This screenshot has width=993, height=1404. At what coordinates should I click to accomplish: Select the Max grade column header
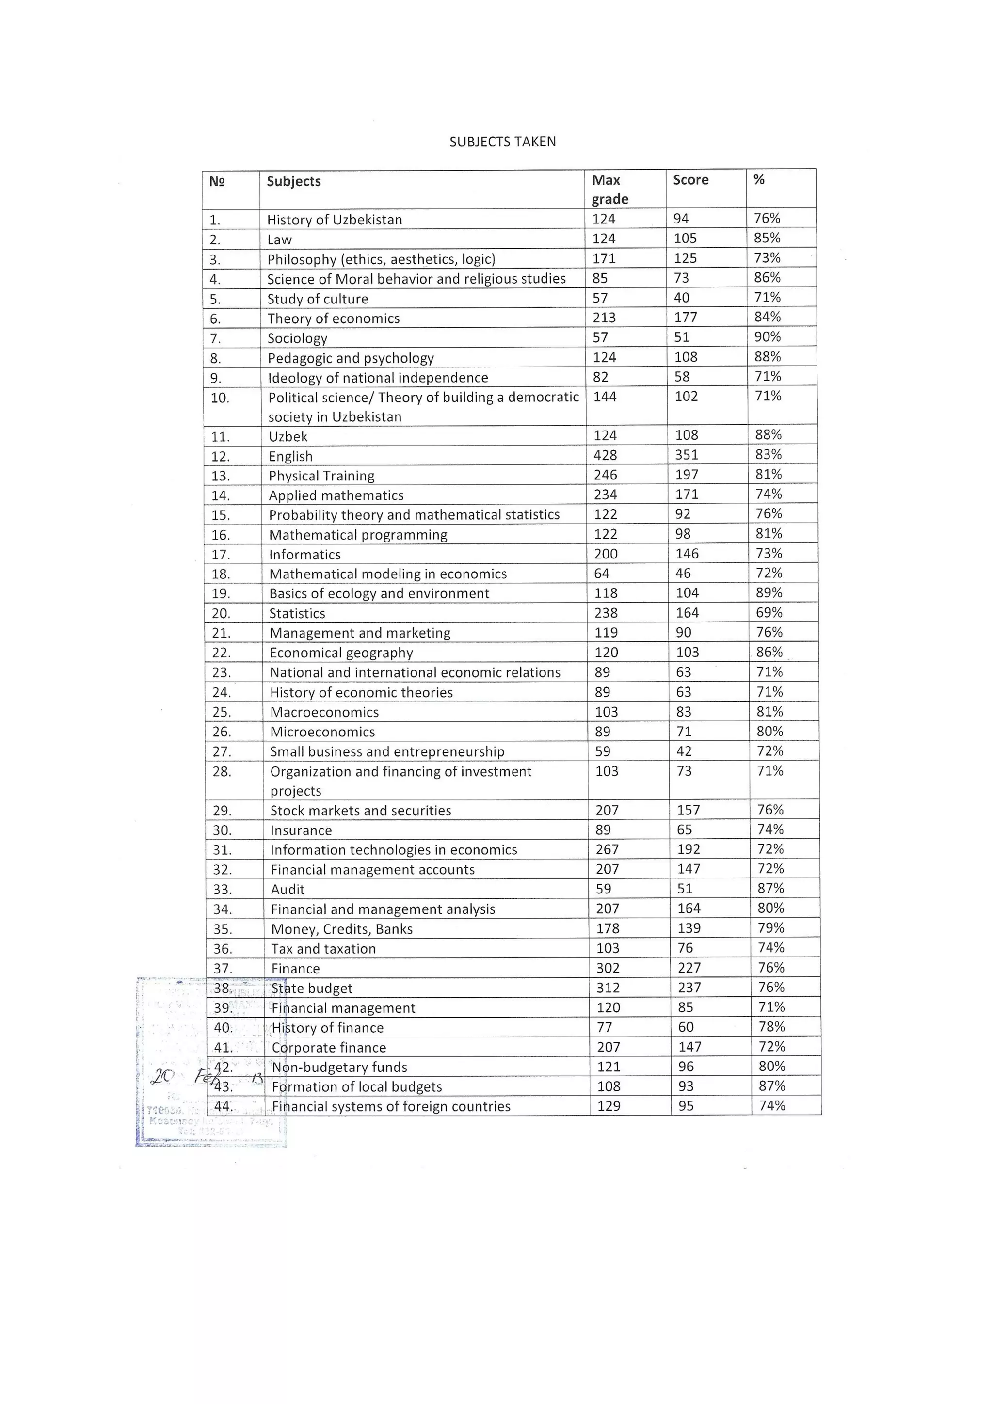coord(609,190)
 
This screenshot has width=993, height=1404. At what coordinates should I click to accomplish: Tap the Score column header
coord(690,180)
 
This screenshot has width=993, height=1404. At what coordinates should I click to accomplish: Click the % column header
coord(759,179)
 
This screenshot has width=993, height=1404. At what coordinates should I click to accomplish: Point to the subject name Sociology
coord(297,338)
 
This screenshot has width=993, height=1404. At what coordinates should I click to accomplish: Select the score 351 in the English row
coord(686,455)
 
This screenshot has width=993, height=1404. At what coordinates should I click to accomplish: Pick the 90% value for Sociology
coord(768,337)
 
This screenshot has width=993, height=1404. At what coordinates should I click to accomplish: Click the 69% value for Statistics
coord(769,613)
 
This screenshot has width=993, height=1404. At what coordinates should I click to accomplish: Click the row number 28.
coord(222,772)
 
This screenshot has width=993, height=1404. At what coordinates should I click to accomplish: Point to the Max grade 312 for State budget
coord(608,988)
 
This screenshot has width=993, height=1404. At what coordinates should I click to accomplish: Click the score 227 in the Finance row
coord(689,968)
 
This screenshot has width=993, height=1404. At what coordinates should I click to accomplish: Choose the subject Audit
coord(288,890)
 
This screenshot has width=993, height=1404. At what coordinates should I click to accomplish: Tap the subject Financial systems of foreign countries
coord(391,1106)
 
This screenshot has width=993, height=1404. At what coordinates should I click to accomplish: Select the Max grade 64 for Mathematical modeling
coord(602,574)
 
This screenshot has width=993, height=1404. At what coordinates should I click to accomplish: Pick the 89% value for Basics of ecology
coord(769,592)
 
